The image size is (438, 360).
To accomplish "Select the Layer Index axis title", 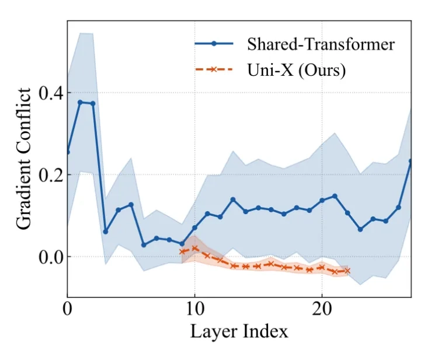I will click(x=239, y=332).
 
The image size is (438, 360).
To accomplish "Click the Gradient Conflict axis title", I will click(x=24, y=158).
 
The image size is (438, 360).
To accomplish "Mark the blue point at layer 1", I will click(x=80, y=102).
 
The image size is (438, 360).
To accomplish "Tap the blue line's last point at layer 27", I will click(x=411, y=161).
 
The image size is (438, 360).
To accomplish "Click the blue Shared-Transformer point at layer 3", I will click(x=106, y=232).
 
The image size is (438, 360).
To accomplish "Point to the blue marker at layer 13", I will click(x=232, y=200).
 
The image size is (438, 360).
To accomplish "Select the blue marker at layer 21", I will click(x=335, y=196).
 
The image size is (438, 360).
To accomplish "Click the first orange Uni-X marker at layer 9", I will click(x=182, y=251).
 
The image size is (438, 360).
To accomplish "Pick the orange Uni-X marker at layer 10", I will click(x=194, y=248).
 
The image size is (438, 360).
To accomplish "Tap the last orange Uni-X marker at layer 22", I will click(x=347, y=271).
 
